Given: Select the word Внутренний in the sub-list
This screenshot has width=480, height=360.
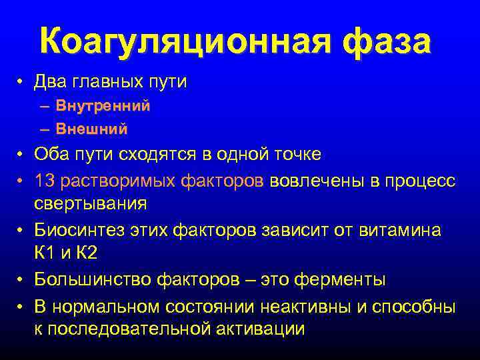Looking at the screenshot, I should (103, 105).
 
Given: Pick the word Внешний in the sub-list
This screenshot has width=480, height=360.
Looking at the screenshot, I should (91, 129).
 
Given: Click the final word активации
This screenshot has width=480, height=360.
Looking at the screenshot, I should (266, 328).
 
